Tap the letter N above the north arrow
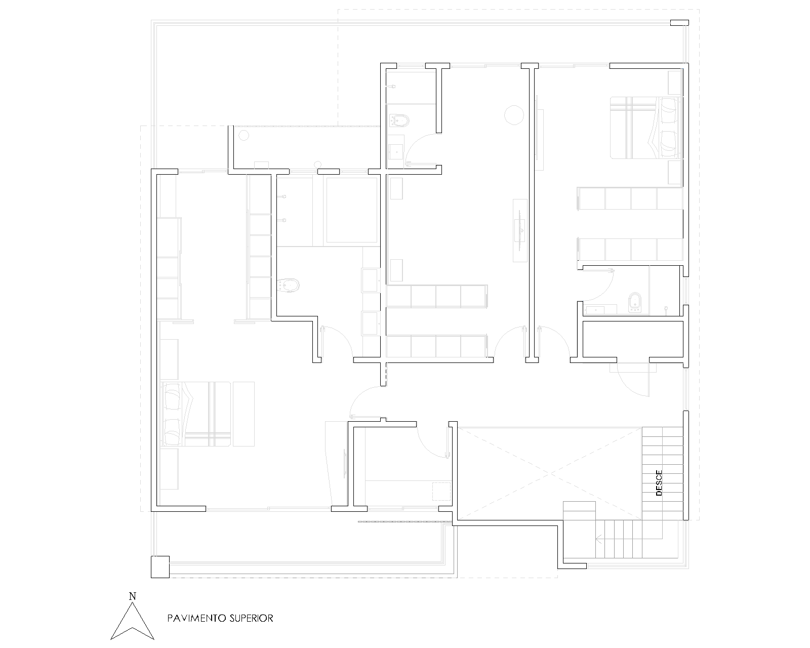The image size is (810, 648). (x=132, y=596)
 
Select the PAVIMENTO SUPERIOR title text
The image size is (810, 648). (x=220, y=618)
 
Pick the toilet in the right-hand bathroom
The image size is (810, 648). (x=633, y=303)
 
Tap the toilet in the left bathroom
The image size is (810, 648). (x=290, y=286)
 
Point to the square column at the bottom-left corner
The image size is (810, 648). (x=160, y=566)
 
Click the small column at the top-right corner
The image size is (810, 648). (x=679, y=22)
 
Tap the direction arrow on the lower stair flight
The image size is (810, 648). (x=599, y=539)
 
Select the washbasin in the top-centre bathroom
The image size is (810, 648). (x=396, y=150)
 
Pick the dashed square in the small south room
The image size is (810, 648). (x=441, y=491)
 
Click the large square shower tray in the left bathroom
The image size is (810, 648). (x=352, y=210)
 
